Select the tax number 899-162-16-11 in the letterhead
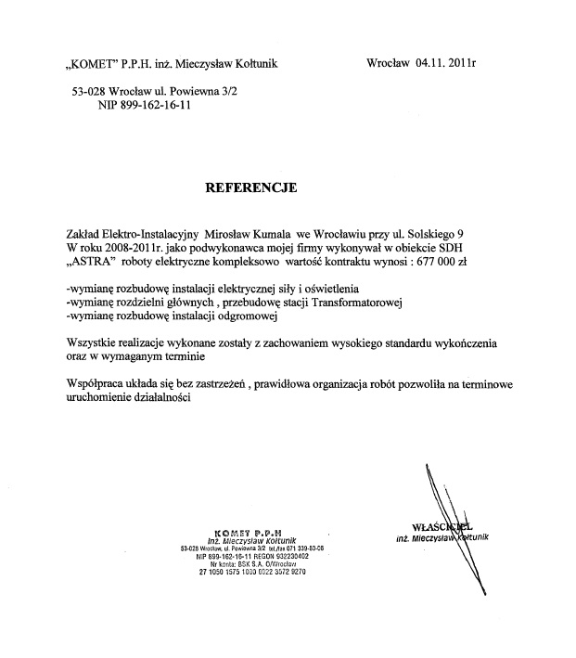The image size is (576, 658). [x=153, y=107]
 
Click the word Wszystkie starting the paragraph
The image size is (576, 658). [x=94, y=342]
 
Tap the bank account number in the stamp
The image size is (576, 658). [x=251, y=571]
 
